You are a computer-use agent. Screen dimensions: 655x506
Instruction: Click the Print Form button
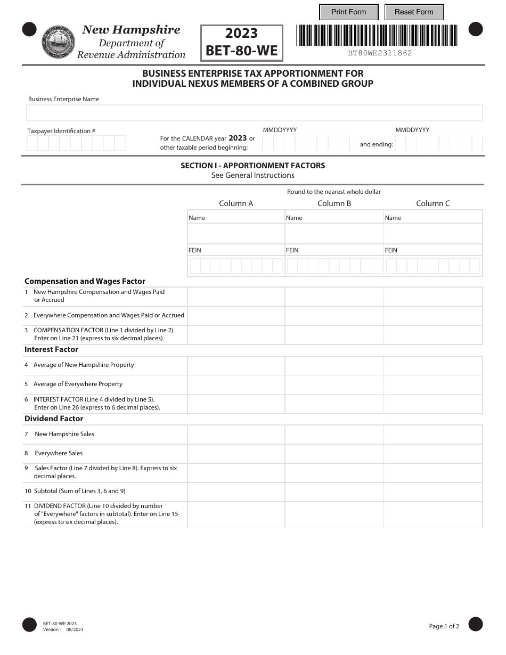point(348,12)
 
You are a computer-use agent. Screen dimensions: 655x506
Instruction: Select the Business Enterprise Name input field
point(254,113)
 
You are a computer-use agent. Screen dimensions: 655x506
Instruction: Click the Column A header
point(236,203)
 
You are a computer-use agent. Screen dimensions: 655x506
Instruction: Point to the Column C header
point(432,203)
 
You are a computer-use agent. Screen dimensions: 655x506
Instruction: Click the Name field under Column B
point(334,233)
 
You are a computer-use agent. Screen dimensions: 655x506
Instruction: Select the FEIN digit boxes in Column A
point(236,266)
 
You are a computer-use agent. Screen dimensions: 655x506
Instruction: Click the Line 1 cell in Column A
point(236,297)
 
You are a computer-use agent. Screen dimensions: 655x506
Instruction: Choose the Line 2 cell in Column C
point(432,316)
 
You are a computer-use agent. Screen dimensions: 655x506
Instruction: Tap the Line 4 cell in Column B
point(334,366)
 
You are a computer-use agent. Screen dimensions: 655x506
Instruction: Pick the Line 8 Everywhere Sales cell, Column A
point(236,454)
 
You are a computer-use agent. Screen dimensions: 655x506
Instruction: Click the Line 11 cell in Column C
point(432,514)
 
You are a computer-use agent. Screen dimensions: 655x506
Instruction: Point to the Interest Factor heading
point(51,349)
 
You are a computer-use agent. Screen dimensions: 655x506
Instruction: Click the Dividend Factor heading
point(53,419)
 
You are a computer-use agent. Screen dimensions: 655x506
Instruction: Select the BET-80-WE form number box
point(241,43)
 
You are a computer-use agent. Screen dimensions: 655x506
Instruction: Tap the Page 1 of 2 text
point(444,626)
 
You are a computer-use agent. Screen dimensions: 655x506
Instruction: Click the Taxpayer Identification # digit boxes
point(76,143)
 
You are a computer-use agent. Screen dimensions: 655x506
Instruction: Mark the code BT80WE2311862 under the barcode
point(380,53)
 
